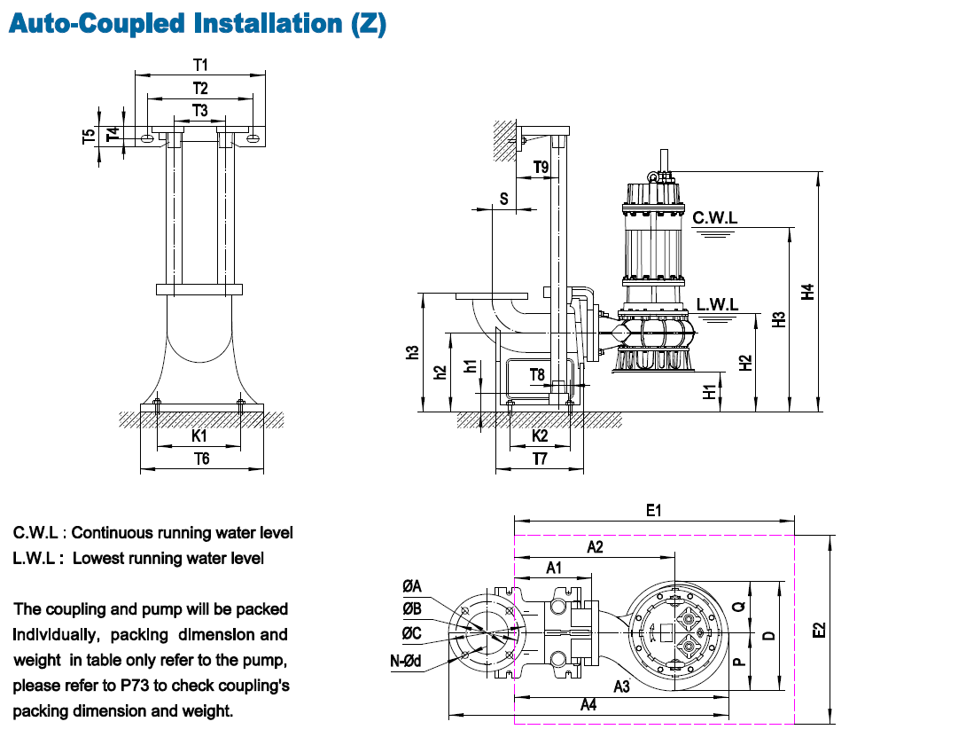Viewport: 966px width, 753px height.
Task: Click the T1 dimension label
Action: pos(200,65)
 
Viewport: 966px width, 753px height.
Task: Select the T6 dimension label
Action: pos(202,459)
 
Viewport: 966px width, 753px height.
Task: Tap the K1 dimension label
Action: pos(200,436)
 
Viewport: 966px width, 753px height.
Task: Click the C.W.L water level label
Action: pos(715,217)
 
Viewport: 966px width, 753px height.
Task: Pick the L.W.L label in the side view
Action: pos(717,304)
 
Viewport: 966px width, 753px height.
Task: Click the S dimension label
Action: pos(503,199)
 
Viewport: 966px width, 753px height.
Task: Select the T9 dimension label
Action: pos(541,167)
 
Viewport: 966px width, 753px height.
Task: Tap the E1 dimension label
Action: pos(654,510)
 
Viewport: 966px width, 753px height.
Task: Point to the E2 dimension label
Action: pos(819,629)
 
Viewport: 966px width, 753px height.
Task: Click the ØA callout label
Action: pos(411,586)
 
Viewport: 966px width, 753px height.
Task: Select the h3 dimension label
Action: pos(411,352)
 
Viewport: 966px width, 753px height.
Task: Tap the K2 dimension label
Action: pos(540,436)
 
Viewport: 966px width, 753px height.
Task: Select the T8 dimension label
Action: pos(538,374)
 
